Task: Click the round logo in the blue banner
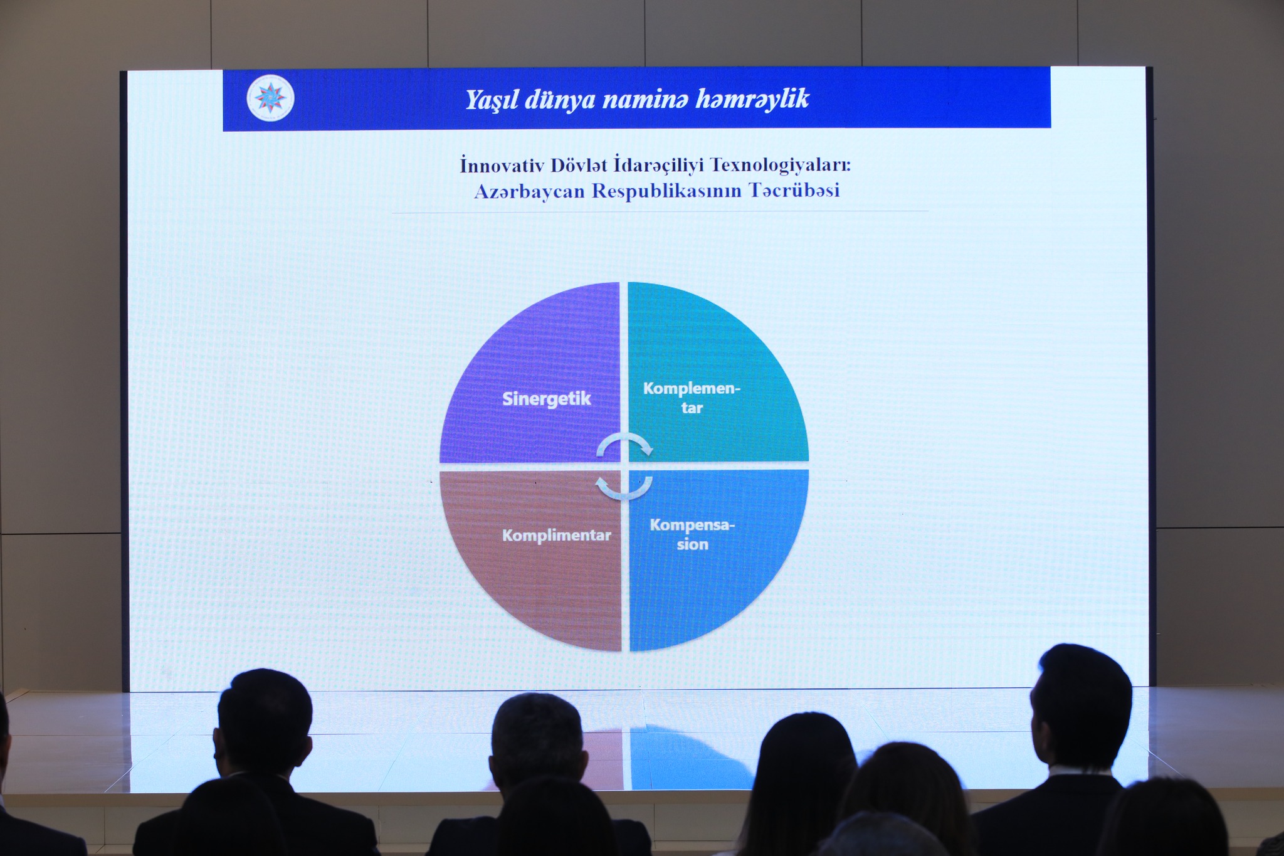click(270, 98)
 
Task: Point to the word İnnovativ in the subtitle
click(502, 166)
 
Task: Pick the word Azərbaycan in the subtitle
click(529, 191)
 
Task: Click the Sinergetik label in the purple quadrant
click(546, 399)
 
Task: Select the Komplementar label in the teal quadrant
click(692, 398)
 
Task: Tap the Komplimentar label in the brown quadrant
click(556, 536)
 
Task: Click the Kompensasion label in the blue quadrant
click(692, 534)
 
